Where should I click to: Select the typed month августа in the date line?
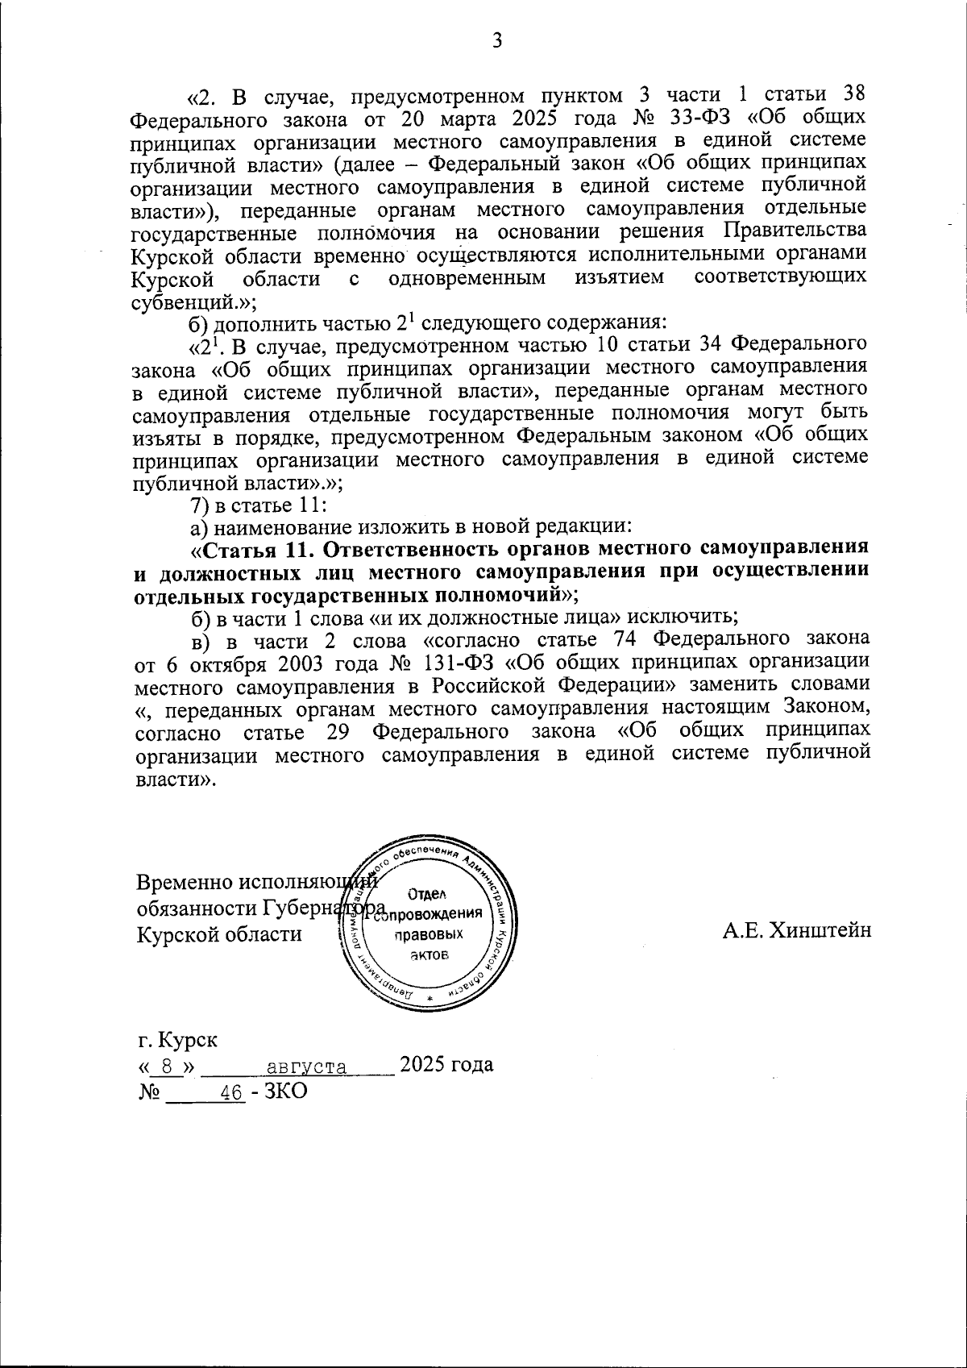coord(306,1067)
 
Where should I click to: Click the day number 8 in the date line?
coord(167,1067)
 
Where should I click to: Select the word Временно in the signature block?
coord(184,883)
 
